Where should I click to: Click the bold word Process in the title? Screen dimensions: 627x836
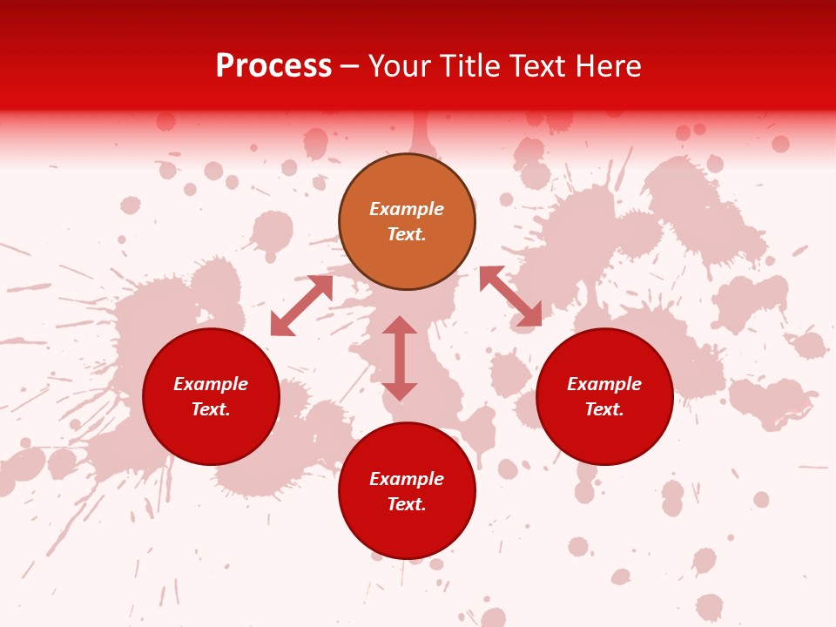click(273, 66)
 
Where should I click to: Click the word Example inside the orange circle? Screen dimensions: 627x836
click(407, 209)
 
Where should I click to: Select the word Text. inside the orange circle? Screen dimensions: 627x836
click(407, 234)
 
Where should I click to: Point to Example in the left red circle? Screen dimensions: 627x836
click(211, 384)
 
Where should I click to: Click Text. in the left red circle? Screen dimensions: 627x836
click(211, 409)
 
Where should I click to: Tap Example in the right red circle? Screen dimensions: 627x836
click(604, 384)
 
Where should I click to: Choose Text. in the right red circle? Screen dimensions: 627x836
click(604, 409)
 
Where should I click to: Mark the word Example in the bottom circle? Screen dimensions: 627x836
click(407, 479)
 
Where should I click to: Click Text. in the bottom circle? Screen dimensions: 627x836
click(407, 504)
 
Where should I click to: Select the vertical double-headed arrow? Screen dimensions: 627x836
click(400, 359)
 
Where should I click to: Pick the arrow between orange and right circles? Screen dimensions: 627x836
click(510, 297)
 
